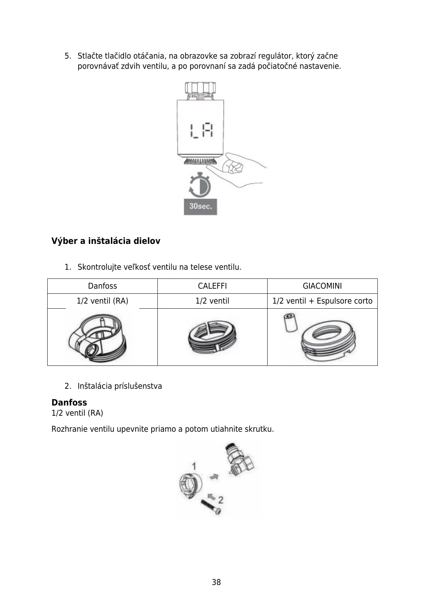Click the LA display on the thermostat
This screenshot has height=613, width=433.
201,131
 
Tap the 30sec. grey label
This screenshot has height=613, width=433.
200,206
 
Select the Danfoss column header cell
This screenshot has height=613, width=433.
103,286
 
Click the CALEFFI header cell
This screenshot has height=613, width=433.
212,286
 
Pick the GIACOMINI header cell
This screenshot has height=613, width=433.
322,286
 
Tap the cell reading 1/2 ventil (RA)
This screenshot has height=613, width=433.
103,301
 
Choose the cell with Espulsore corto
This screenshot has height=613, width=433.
322,301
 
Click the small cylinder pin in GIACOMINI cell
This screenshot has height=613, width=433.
290,322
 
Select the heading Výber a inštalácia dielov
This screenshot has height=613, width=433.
106,241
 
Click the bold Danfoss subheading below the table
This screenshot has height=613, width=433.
69,403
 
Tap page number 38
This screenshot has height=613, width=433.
216,582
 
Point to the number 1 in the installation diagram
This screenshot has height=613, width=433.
194,466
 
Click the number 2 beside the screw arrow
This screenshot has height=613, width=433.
221,499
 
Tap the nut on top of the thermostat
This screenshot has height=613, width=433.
200,88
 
